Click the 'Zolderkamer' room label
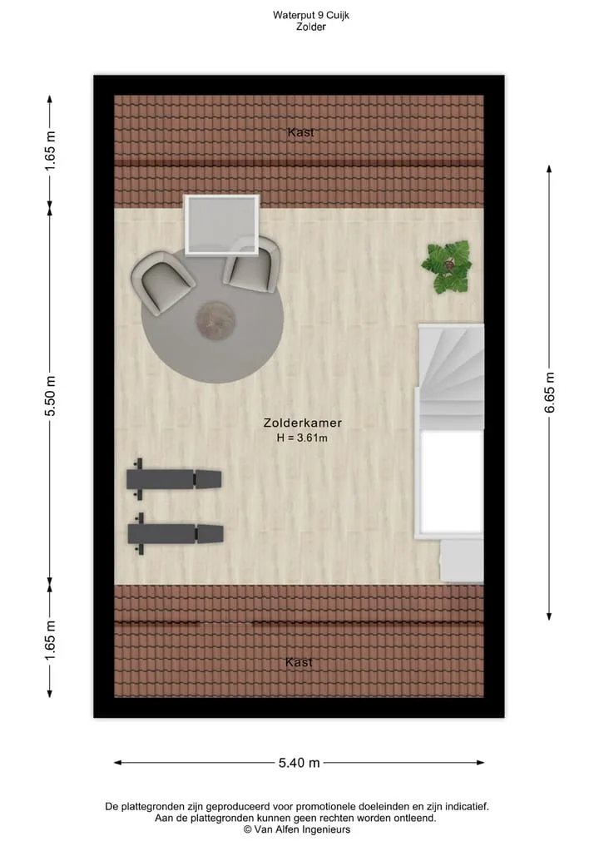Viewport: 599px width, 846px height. coord(302,423)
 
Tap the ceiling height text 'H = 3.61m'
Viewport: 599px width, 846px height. coord(302,438)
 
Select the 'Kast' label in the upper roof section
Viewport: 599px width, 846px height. coord(300,132)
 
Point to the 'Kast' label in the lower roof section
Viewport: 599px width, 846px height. coord(299,662)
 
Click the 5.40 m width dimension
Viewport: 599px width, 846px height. coord(299,762)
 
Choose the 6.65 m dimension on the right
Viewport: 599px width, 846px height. coord(549,393)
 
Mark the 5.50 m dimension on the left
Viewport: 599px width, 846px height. coord(50,395)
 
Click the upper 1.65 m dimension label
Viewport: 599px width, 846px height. coord(50,151)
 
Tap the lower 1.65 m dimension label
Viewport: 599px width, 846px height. coord(50,641)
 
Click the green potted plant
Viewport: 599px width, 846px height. coord(447,267)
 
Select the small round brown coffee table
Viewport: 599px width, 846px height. coord(215,320)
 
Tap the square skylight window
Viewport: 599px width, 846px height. coord(222,225)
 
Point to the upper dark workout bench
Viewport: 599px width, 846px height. coord(174,479)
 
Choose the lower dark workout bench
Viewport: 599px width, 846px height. coord(176,533)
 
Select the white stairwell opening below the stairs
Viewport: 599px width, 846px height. coord(451,482)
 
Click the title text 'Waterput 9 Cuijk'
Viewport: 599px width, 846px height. coord(311,15)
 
